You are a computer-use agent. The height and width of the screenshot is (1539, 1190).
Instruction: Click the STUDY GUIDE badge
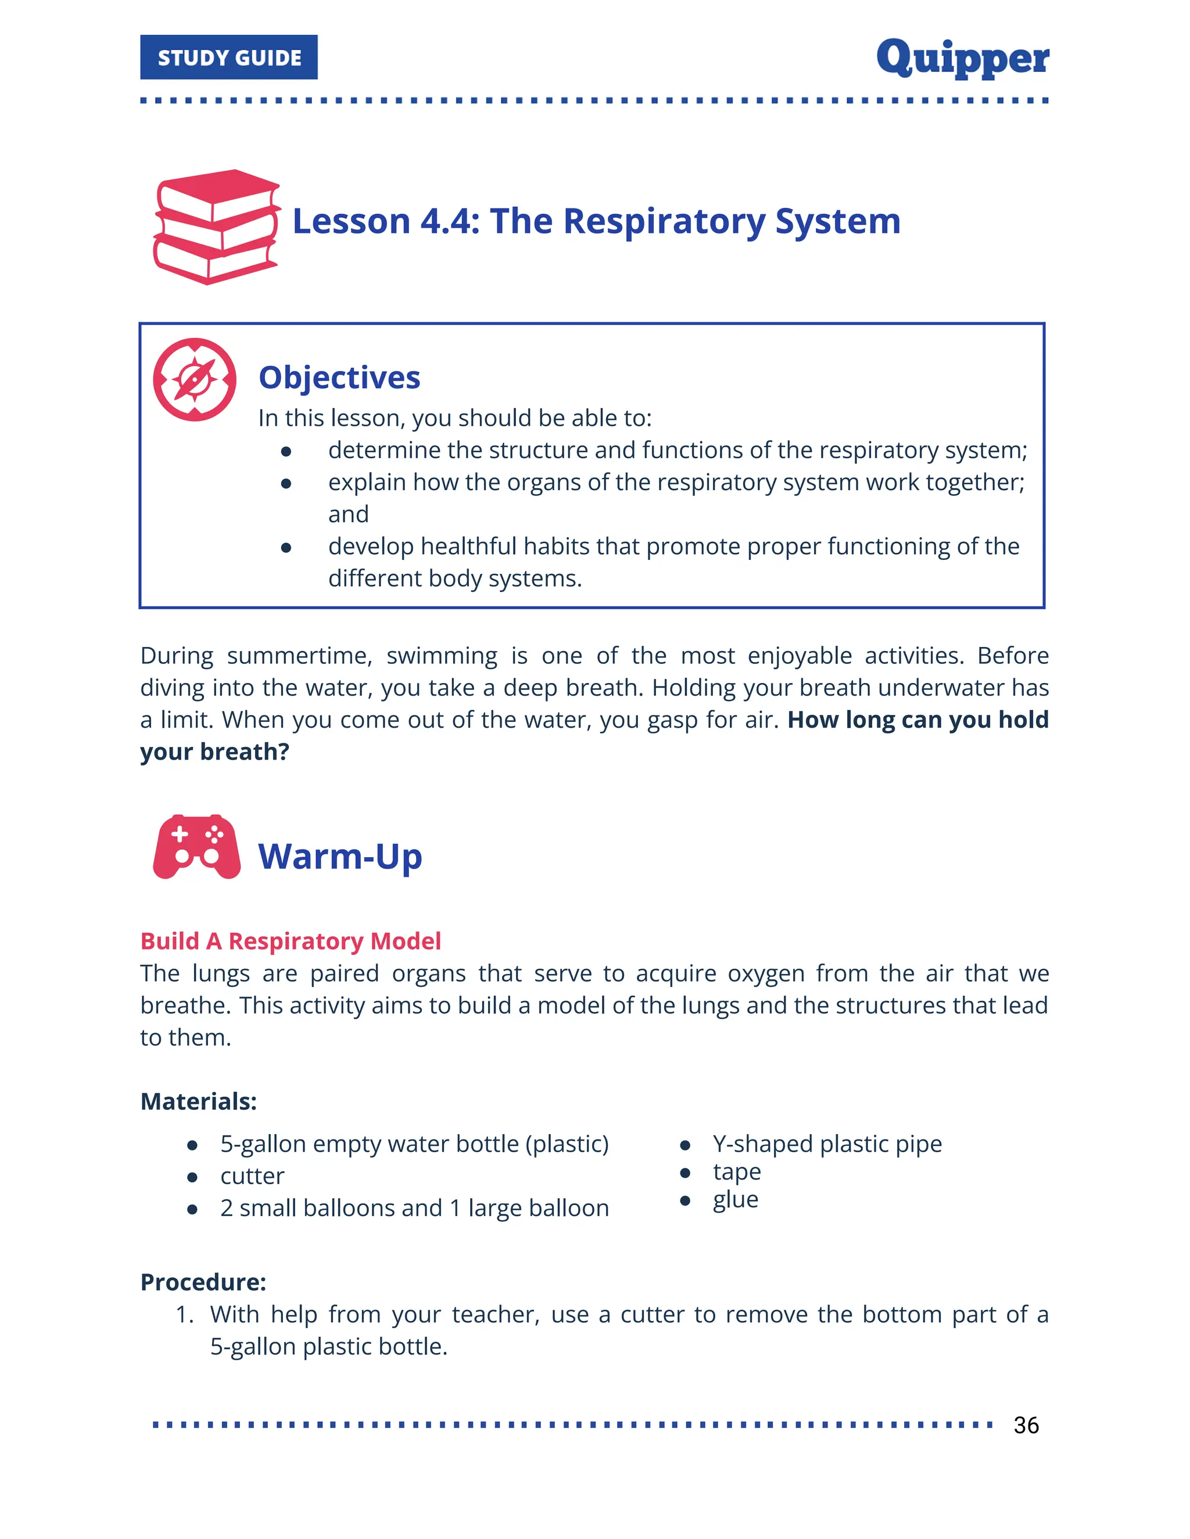(228, 57)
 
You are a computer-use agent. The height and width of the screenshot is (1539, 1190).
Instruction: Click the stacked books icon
(216, 227)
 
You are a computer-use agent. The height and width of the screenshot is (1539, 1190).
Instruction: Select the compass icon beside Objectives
(195, 380)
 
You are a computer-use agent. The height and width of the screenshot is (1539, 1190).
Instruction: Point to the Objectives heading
(339, 377)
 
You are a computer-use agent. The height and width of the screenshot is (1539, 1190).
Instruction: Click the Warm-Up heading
(340, 857)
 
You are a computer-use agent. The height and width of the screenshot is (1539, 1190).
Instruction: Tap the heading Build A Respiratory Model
(291, 941)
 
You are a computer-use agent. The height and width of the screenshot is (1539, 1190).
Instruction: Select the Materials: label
(199, 1101)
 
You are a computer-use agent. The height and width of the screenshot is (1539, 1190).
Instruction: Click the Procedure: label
(203, 1282)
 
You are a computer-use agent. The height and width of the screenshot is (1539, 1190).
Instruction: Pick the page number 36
(1026, 1425)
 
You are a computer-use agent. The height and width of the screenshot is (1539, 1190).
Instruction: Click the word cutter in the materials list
(252, 1176)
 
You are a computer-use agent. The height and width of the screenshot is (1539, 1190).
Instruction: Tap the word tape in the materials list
(737, 1172)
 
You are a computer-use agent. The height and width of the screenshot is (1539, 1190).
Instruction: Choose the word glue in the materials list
(735, 1200)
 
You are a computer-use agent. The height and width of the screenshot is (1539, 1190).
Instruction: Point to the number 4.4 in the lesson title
(450, 221)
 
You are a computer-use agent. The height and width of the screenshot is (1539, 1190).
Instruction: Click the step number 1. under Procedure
(185, 1314)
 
